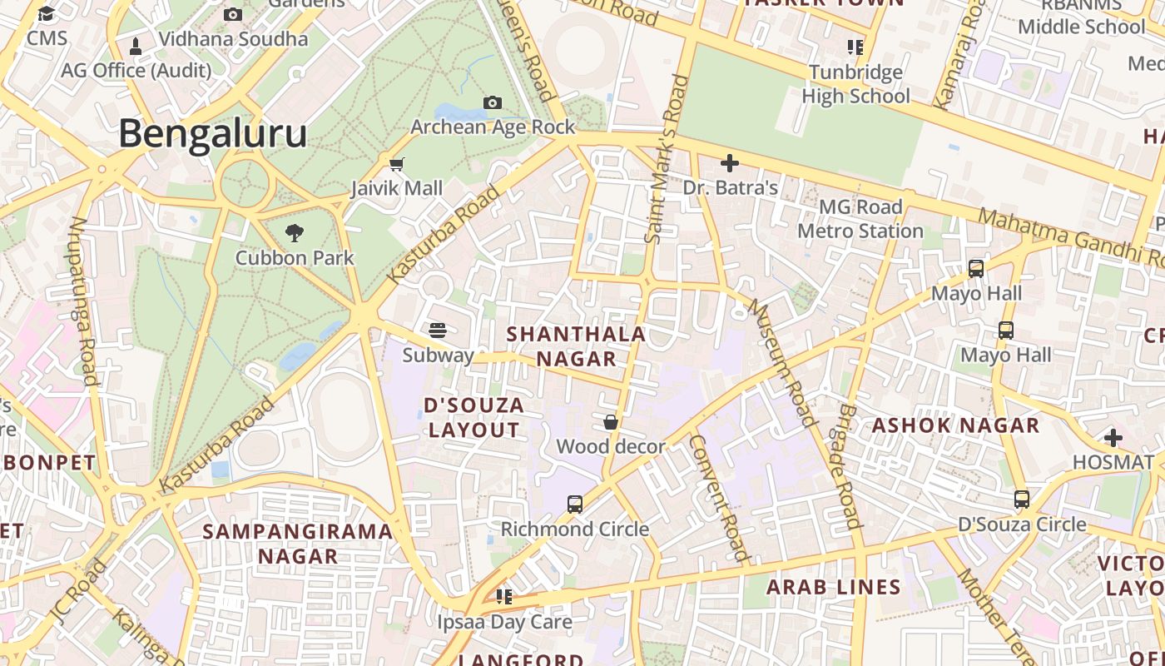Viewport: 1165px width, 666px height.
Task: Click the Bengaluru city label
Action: coord(213,134)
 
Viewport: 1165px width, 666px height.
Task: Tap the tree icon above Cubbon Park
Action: coord(294,233)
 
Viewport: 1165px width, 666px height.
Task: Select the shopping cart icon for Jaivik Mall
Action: coord(397,164)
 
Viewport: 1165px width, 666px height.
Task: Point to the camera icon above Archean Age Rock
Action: coord(493,102)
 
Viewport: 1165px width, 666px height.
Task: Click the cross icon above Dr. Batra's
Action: coord(730,163)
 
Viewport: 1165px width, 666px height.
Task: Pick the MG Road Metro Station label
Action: coord(860,219)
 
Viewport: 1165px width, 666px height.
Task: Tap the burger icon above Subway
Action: coord(438,331)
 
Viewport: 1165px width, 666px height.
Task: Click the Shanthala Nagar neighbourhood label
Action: coord(576,346)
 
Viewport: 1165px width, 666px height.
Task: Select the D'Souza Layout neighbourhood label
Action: coord(474,418)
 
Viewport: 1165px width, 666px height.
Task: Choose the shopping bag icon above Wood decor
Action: coord(611,422)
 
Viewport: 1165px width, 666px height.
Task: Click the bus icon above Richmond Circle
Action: coord(575,504)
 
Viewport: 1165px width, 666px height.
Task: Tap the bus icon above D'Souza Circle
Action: coord(1022,499)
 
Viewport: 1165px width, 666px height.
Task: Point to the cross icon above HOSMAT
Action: coord(1113,437)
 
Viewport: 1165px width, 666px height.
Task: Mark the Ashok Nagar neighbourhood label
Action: coord(955,425)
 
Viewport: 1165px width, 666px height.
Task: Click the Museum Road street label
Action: coord(781,363)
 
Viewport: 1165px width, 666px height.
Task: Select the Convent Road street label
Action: coord(721,497)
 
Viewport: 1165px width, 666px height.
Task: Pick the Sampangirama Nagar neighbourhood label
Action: coord(298,544)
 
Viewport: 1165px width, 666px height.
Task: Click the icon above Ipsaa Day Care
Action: coord(503,596)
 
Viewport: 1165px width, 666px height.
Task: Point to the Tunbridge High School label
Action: coord(855,84)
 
